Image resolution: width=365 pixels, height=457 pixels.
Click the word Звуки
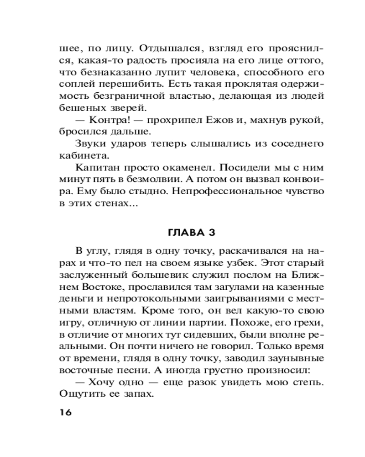point(90,143)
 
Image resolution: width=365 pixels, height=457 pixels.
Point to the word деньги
point(74,299)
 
